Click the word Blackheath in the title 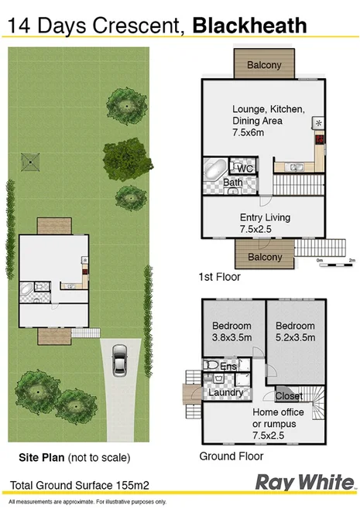249,25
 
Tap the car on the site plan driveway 120,360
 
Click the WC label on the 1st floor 245,169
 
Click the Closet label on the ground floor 289,396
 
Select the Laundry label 226,393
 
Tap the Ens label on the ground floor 230,365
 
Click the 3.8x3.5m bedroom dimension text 232,337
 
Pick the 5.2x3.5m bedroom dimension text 295,337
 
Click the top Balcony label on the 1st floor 264,66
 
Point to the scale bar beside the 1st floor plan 335,265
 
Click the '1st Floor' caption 221,276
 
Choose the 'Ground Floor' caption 231,456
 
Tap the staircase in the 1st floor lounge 298,185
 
